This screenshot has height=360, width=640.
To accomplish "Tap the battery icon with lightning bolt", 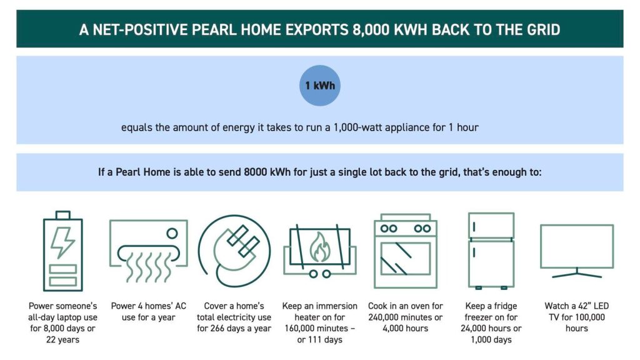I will click(x=62, y=251).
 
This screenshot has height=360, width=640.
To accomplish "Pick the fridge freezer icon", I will click(x=491, y=251).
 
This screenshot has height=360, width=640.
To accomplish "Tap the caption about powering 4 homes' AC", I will click(x=149, y=311).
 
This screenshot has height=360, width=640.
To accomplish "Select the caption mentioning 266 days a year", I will click(x=234, y=317).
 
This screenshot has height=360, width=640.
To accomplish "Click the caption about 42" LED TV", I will click(x=576, y=317).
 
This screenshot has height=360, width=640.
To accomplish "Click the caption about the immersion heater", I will click(x=319, y=322).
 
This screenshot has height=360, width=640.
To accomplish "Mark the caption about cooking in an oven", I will click(x=405, y=317).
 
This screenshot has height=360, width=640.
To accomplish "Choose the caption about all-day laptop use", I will click(x=62, y=322).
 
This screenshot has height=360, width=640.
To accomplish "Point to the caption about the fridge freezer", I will click(x=491, y=322).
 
